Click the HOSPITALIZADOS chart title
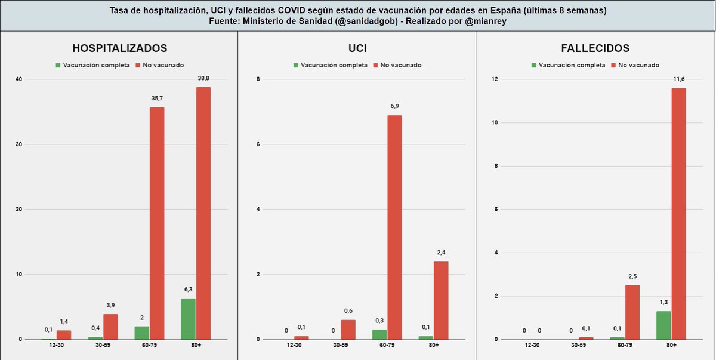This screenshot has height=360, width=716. [119, 48]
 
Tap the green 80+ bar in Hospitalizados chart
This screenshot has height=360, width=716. [188, 319]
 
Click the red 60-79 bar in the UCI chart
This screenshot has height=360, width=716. [394, 227]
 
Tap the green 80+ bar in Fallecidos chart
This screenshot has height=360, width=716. [663, 325]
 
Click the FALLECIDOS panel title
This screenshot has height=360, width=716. [595, 48]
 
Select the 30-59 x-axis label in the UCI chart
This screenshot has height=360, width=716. [340, 346]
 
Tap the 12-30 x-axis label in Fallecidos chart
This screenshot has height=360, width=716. [531, 346]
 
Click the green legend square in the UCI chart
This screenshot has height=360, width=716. [295, 65]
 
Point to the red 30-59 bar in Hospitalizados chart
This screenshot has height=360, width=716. [111, 327]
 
